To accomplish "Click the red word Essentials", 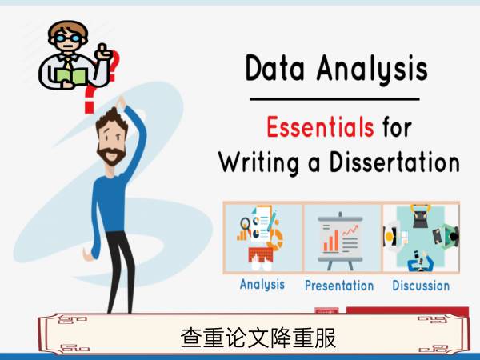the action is [320, 127].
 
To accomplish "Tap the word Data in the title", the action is [275, 68].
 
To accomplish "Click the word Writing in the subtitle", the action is [258, 163].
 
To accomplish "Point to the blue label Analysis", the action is [262, 284].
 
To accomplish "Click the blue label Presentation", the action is [339, 286].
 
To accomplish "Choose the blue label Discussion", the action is [421, 286].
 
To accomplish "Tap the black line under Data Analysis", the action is [334, 99].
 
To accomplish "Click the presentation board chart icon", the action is [341, 241].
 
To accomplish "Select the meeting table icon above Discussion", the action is [421, 238].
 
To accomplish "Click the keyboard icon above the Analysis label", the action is [261, 254].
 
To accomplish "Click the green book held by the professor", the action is [72, 76].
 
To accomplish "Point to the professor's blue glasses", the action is [68, 38].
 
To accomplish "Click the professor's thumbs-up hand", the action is [103, 52].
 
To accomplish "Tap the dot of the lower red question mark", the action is [89, 108].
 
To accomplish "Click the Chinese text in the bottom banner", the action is [258, 338].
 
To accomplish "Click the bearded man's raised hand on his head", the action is [121, 102].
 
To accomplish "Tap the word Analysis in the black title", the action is [372, 70].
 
